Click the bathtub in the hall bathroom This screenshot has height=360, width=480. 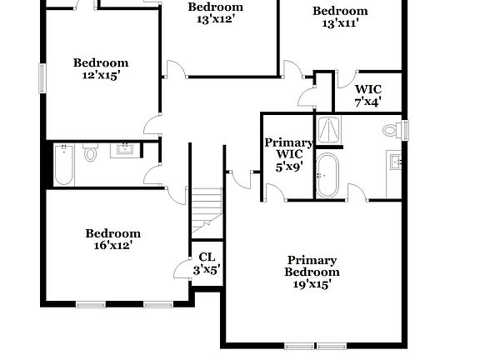point(63,165)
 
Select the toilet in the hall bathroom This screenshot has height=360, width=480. point(91,153)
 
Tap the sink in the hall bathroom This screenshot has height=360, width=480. point(126,150)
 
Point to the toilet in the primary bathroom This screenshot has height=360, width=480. point(390,131)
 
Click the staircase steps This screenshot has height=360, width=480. point(206,208)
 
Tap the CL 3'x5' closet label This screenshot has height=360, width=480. point(205,263)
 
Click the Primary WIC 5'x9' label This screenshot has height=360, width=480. point(288,154)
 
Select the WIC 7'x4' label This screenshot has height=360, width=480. point(367,95)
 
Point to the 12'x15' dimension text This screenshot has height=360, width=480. point(100,75)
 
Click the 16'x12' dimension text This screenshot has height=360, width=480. point(112,245)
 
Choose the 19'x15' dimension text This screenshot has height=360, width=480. point(312,284)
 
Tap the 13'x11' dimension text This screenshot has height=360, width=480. point(339,23)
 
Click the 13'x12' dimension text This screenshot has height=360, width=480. point(214,18)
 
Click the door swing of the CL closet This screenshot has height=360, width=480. point(182,268)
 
